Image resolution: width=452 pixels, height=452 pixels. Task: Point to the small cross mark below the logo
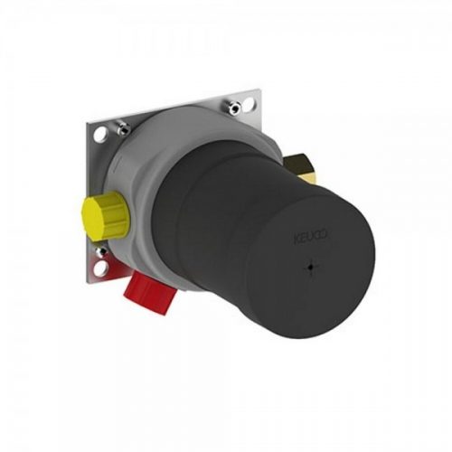(310, 268)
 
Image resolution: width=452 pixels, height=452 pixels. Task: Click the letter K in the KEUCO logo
(295, 238)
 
